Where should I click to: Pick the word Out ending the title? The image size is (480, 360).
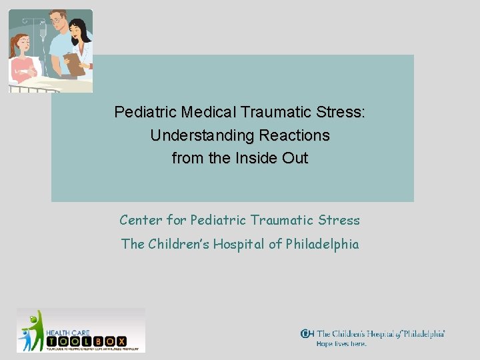[295, 159]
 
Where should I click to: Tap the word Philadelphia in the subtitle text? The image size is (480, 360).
[322, 244]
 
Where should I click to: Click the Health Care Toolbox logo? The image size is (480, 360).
[81, 330]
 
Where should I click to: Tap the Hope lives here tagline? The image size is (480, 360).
[341, 344]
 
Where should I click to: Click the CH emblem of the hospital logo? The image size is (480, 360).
[307, 334]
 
